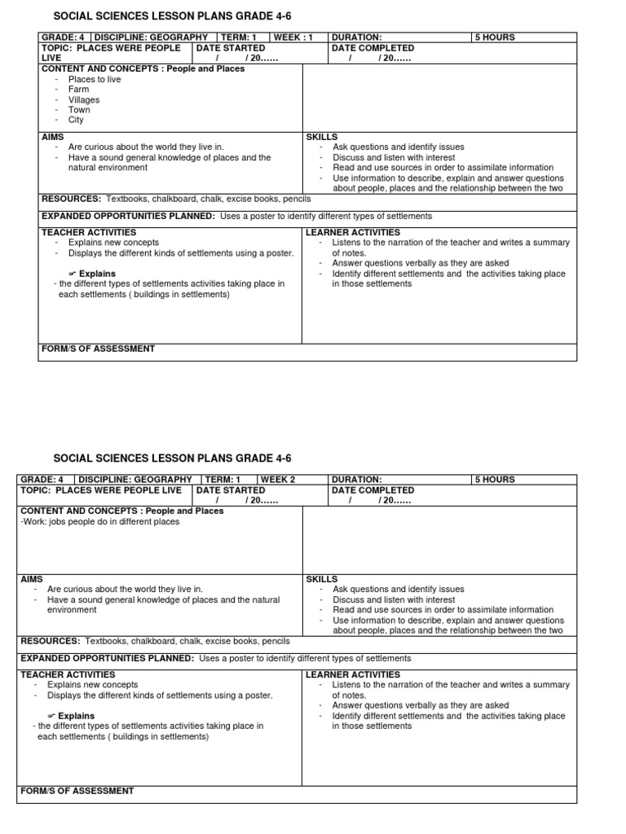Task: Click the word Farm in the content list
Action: point(78,90)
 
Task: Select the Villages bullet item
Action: point(84,100)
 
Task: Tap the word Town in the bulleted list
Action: point(79,110)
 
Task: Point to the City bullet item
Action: point(76,120)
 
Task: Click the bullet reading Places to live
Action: point(94,80)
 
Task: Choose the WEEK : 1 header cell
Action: point(293,37)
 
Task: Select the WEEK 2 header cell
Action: point(278,480)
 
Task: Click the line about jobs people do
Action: point(100,521)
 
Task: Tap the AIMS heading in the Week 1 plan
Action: point(52,138)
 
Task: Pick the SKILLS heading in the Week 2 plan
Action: point(321,579)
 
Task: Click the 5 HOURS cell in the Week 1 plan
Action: point(496,37)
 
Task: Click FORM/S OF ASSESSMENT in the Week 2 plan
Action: point(77,791)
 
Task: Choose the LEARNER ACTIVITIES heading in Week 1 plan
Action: point(353,232)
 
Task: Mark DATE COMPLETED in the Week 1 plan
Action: point(373,48)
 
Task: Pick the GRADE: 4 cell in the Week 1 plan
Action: point(64,37)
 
